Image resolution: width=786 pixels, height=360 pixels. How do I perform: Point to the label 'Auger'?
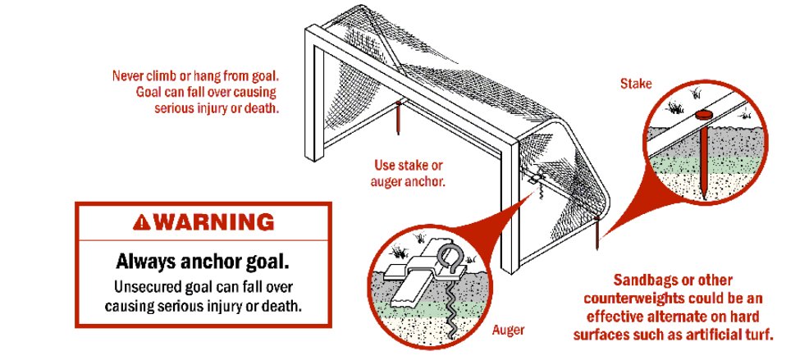[508, 330]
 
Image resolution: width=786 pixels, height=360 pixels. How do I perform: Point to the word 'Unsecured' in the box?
[145, 288]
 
